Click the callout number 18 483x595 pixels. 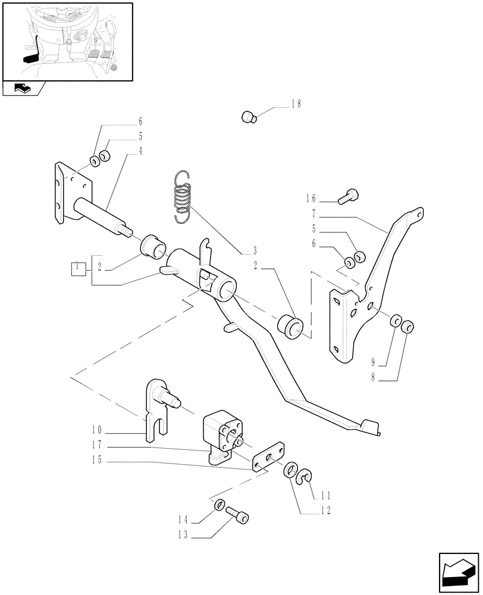pyautogui.click(x=296, y=104)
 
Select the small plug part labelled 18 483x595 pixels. pyautogui.click(x=249, y=117)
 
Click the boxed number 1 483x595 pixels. pyautogui.click(x=76, y=268)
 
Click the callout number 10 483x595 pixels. pyautogui.click(x=98, y=430)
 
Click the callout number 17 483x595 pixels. pyautogui.click(x=98, y=444)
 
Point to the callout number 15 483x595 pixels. pyautogui.click(x=98, y=459)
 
